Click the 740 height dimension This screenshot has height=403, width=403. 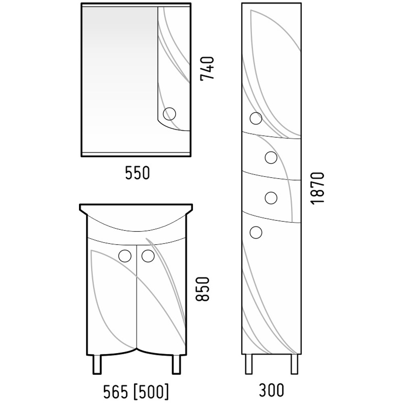click(207, 69)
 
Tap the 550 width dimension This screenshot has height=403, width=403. click(137, 173)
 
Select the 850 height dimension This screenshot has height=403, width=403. click(203, 289)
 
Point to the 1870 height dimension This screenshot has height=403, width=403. click(317, 188)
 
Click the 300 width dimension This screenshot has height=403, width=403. click(271, 390)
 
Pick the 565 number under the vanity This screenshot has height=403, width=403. click(115, 392)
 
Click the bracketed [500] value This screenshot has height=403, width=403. click(152, 392)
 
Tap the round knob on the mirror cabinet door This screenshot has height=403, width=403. click(170, 114)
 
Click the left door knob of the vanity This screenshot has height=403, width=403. click(125, 256)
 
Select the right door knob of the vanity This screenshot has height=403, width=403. click(148, 256)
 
